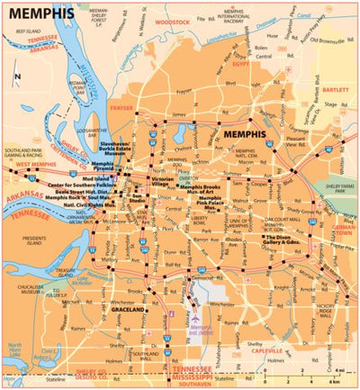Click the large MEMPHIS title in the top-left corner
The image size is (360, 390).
click(x=41, y=15)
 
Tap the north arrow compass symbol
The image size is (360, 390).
click(x=19, y=78)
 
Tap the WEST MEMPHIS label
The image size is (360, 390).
click(x=31, y=165)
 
